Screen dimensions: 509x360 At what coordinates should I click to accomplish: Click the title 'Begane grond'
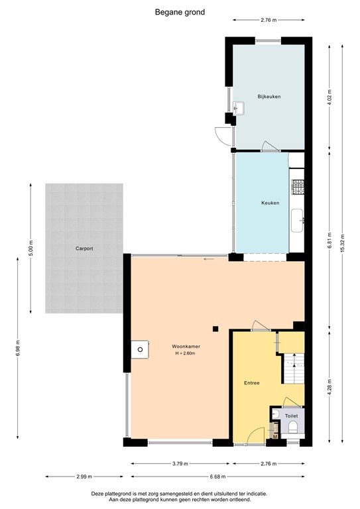tap(180, 12)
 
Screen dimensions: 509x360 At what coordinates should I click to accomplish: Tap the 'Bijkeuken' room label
tap(269, 97)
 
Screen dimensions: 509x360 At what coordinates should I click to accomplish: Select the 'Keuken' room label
tap(270, 203)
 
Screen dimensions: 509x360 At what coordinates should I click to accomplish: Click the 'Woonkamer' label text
tap(186, 346)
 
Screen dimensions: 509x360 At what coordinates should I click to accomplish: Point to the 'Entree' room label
tap(251, 383)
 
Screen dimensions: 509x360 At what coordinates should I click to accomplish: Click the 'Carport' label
tap(84, 249)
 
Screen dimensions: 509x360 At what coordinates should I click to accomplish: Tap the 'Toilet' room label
tap(292, 416)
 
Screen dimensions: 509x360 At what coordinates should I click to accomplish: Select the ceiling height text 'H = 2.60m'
tap(186, 353)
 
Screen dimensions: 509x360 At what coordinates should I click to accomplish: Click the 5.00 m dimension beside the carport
tap(31, 249)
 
